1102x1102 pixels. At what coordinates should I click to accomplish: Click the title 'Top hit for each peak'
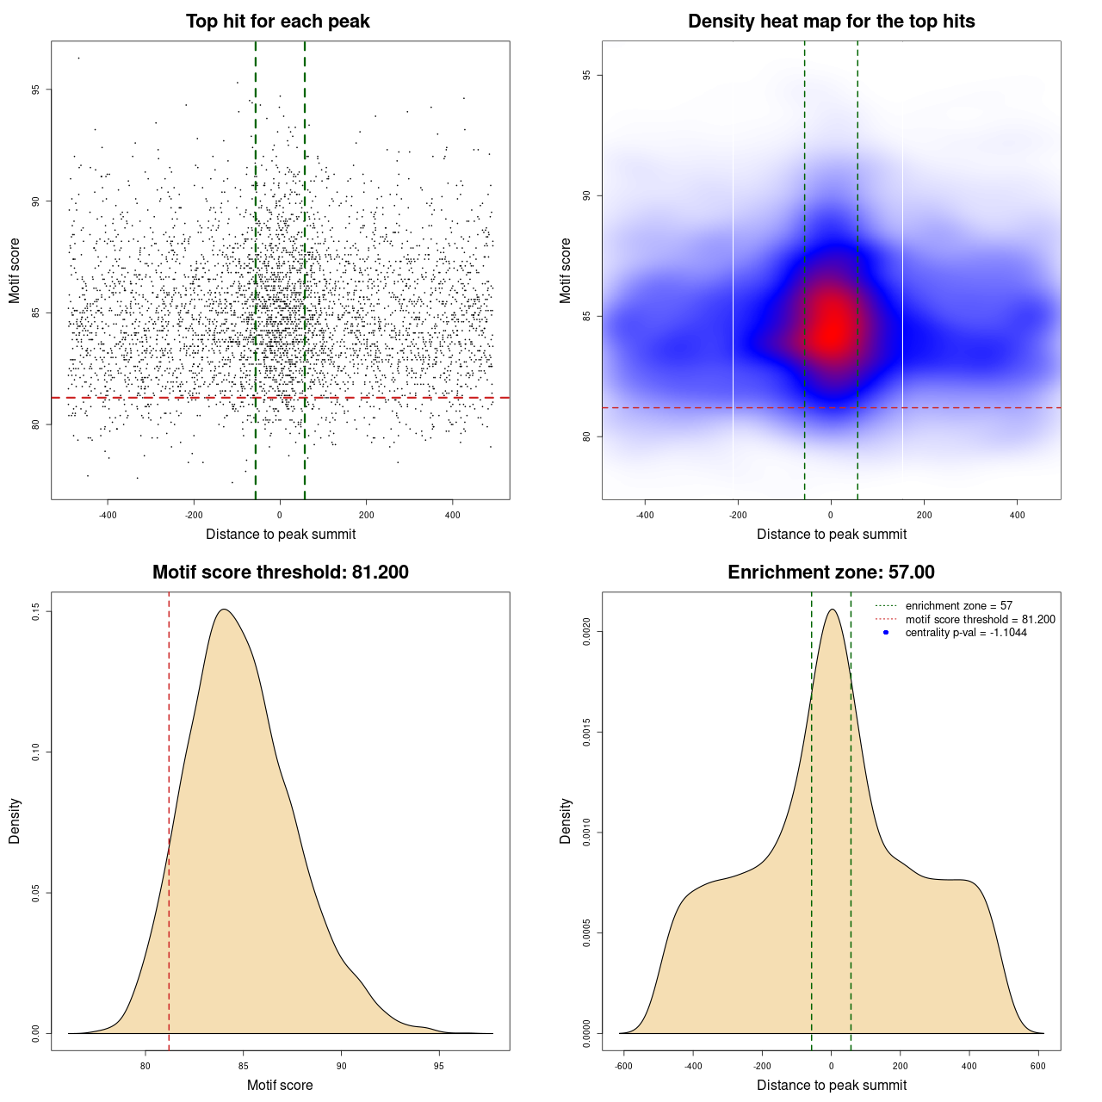277,22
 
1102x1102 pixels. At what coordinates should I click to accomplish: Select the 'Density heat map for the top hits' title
831,22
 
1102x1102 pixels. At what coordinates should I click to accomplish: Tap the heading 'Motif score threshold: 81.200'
280,573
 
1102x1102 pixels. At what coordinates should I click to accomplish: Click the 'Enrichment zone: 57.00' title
831,573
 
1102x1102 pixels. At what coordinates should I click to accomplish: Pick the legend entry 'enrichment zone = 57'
958,606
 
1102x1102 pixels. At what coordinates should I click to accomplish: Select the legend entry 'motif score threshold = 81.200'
980,619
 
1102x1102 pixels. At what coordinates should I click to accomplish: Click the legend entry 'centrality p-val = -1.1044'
966,633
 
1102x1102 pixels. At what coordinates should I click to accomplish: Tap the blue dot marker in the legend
885,633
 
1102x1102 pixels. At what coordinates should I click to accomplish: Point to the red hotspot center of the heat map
831,327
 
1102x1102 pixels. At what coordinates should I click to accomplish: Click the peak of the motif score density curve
224,610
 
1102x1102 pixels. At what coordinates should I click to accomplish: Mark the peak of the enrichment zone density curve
832,610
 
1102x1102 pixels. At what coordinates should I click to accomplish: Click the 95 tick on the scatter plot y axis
36,90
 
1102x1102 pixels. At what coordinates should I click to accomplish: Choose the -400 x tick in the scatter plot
108,516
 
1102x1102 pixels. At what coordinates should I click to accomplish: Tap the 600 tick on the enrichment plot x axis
1038,1066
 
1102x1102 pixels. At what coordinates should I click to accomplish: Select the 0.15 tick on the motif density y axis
36,612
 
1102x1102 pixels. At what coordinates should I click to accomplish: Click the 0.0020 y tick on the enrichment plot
587,632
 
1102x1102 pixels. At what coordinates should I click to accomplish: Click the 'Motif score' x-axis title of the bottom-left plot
280,1085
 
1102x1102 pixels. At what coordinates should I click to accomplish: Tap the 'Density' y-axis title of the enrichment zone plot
566,820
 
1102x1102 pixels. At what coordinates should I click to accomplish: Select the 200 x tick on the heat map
924,516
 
